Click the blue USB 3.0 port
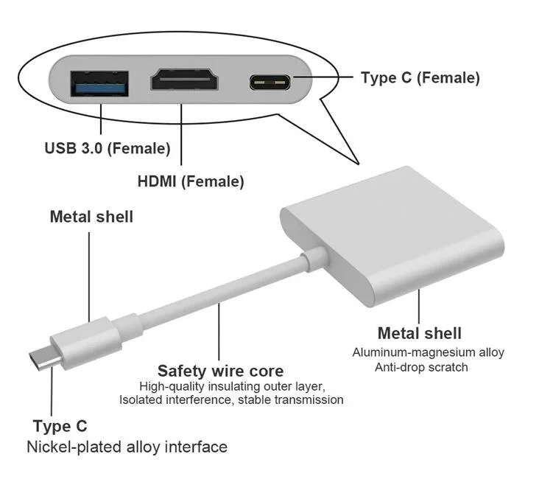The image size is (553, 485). (99, 83)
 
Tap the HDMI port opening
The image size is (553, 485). (184, 79)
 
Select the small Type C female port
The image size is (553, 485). (270, 83)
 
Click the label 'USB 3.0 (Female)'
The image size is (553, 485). (108, 148)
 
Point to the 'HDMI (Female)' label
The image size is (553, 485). (191, 181)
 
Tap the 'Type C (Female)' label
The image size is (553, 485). (420, 77)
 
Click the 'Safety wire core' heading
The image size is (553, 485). (220, 371)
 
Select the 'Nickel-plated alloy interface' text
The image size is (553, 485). (127, 447)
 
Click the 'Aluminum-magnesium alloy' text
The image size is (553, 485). (428, 352)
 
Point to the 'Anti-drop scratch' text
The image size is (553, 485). (421, 368)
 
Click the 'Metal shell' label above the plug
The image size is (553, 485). (92, 217)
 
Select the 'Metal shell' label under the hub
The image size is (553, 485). (419, 333)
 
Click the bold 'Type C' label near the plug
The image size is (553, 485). (60, 426)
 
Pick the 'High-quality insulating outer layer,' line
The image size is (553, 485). (233, 386)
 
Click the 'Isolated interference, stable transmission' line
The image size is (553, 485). (231, 400)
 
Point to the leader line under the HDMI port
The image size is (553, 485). (182, 134)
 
